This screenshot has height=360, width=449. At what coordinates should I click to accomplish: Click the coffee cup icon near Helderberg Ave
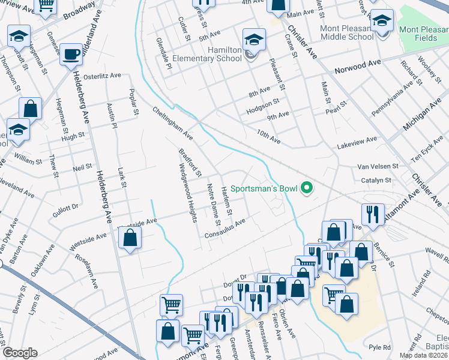(x=72, y=54)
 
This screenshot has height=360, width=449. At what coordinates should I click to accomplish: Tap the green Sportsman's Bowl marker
(x=307, y=188)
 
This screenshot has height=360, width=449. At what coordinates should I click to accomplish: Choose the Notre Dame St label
(x=210, y=200)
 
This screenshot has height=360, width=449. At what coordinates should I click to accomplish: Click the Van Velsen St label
(x=378, y=166)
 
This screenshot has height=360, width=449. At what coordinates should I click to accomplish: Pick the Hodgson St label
(x=262, y=107)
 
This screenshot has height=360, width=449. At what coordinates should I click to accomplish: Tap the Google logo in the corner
(x=20, y=353)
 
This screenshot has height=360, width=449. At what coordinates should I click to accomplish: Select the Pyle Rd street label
(x=379, y=347)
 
